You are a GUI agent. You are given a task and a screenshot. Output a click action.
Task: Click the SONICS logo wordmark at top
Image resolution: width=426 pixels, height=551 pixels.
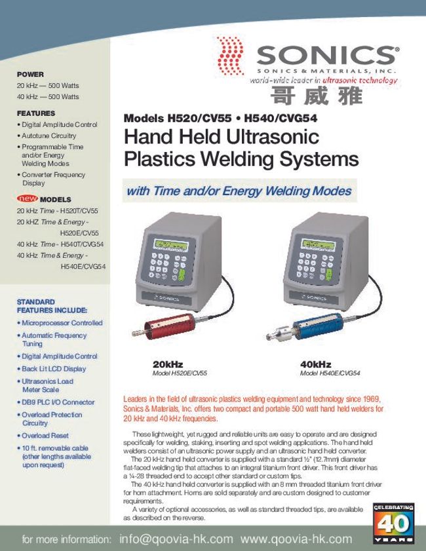click(326, 55)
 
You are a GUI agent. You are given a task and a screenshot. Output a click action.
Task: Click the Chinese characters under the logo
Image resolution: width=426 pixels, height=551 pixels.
click(315, 96)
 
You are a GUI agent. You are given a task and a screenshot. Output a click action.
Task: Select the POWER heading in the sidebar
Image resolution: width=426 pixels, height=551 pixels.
click(30, 75)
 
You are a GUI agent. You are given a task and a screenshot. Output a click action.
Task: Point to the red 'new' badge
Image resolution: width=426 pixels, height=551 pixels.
click(27, 199)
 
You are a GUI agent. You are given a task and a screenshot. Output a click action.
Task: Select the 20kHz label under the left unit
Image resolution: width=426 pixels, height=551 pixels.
click(168, 364)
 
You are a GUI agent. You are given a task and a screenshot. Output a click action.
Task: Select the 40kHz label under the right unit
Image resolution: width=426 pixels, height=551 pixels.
click(316, 364)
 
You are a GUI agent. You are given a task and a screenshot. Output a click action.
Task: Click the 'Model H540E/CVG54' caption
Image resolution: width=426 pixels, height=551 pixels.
click(330, 373)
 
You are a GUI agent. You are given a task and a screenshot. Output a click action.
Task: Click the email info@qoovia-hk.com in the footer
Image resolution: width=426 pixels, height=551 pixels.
click(176, 539)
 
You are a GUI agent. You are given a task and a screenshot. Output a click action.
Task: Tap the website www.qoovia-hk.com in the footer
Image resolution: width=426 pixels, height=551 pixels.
click(296, 539)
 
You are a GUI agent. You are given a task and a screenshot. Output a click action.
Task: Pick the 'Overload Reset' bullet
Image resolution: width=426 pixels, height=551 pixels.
click(45, 436)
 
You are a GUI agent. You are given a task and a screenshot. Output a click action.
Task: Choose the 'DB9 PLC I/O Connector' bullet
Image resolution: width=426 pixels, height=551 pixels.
click(58, 402)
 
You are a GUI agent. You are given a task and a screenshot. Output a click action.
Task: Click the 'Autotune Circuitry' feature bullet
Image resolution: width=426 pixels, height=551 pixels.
click(48, 136)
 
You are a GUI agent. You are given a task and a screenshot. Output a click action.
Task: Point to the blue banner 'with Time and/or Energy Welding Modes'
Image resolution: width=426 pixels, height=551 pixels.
click(239, 191)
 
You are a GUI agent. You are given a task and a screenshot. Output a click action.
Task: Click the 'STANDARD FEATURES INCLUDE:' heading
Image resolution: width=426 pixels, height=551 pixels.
click(51, 306)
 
